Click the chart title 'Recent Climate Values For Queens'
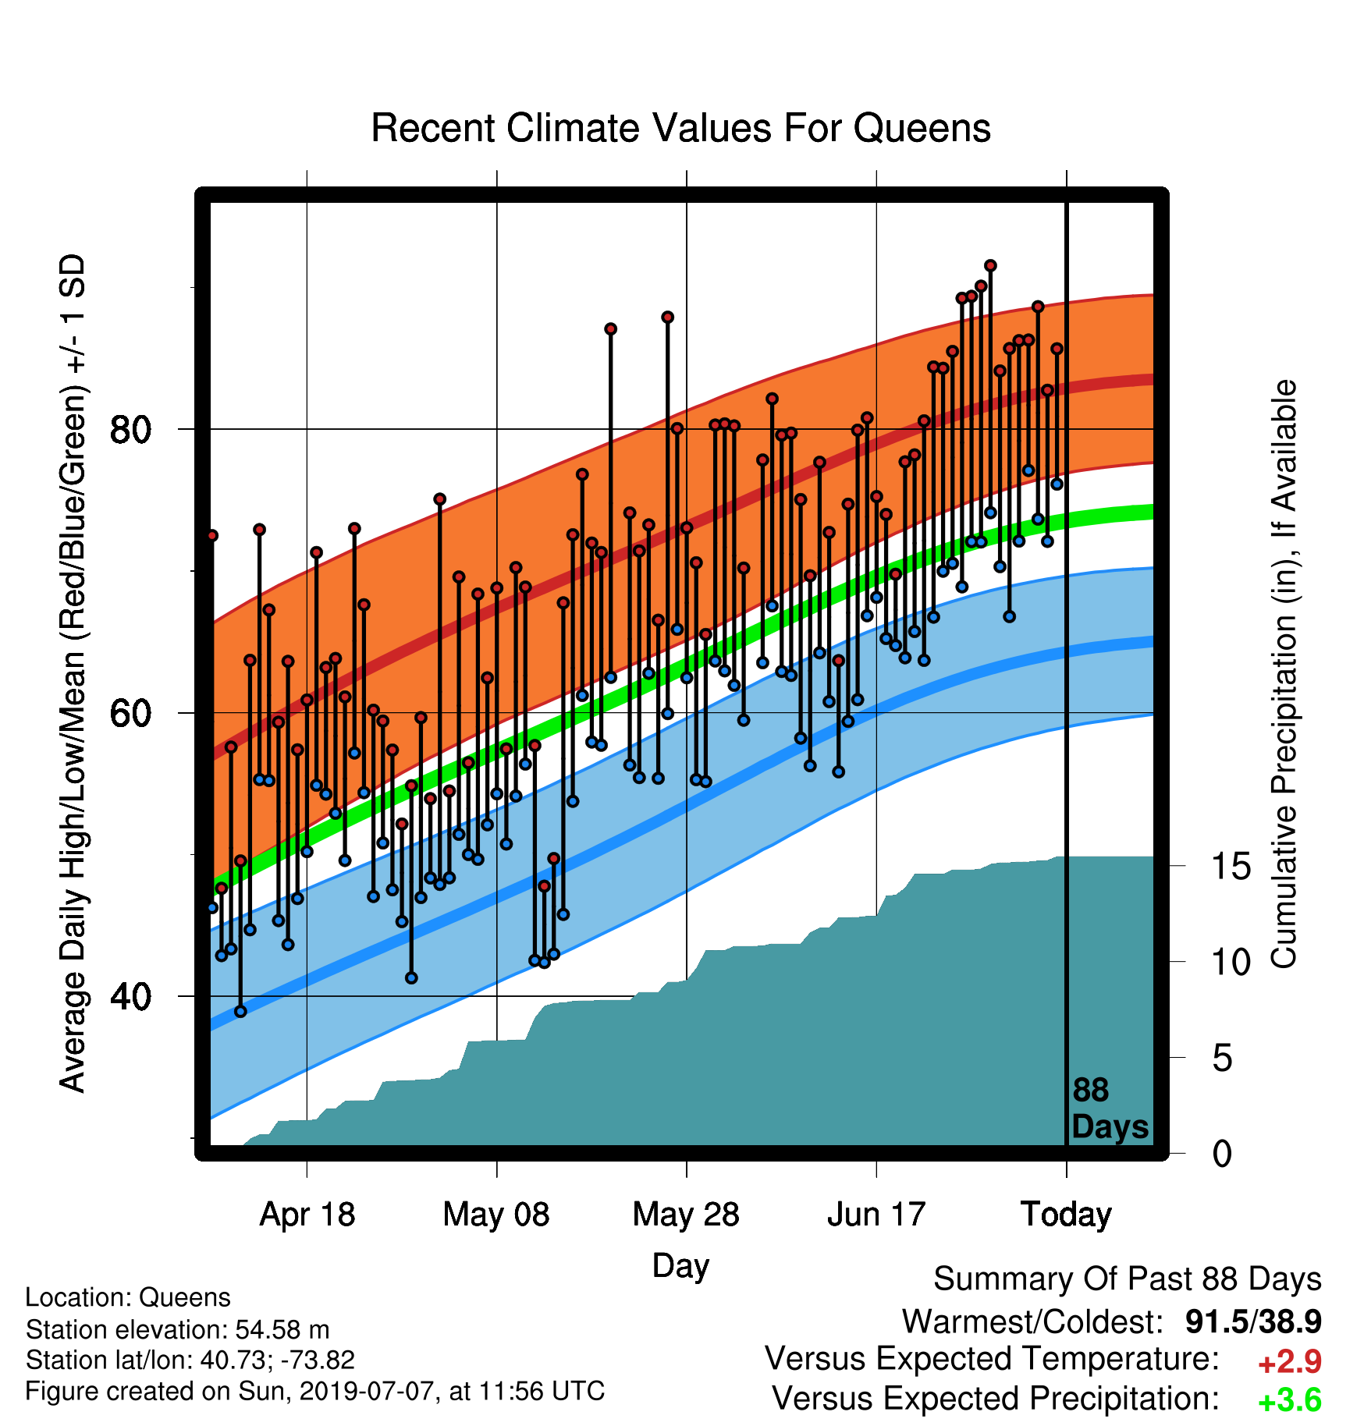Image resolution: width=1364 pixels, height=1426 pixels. click(680, 128)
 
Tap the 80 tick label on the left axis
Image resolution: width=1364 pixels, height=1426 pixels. click(130, 430)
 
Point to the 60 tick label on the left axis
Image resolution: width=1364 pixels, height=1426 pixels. click(130, 713)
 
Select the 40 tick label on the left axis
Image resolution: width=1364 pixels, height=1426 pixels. click(130, 996)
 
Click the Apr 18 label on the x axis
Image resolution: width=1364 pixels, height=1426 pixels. click(307, 1215)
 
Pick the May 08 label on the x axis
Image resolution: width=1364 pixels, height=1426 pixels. click(496, 1215)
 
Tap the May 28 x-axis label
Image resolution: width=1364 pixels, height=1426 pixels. click(686, 1215)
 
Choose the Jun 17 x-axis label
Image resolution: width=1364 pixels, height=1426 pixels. click(876, 1215)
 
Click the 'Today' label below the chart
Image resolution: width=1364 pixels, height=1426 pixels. click(1066, 1215)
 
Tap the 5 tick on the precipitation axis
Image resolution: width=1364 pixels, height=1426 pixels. click(1223, 1059)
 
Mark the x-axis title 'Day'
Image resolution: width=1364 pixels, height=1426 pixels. click(680, 1266)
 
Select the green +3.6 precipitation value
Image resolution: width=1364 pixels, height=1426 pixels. click(1289, 1400)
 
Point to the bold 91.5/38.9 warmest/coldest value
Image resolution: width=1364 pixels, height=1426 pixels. click(1253, 1321)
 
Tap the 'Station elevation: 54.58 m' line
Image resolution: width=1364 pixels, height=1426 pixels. click(177, 1328)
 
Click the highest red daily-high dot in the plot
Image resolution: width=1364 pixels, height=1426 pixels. click(990, 266)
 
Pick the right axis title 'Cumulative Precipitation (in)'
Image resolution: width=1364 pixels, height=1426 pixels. click(1284, 674)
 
